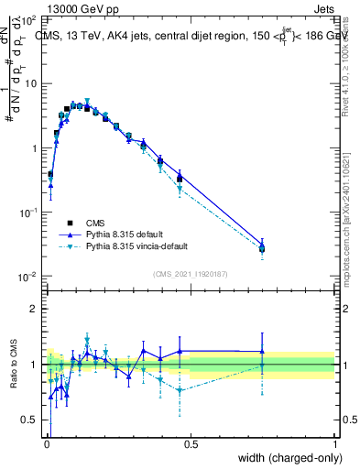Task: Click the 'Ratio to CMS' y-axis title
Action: point(15,365)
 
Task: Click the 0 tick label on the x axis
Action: point(46,444)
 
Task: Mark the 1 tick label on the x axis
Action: point(335,444)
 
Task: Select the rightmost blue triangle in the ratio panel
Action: point(262,351)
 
